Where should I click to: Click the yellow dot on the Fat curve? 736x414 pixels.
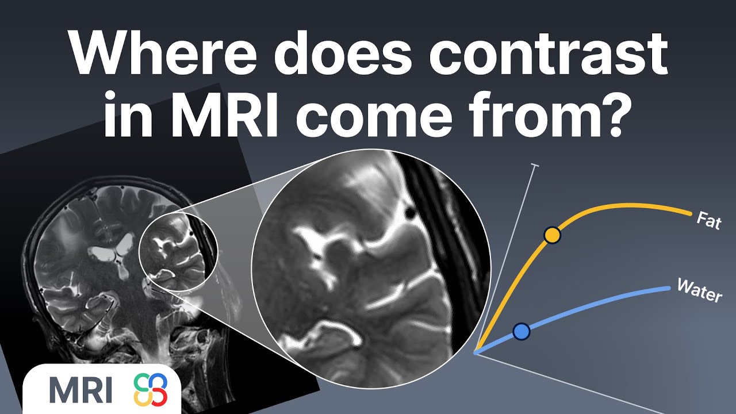[x=552, y=235]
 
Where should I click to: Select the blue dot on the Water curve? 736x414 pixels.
[x=522, y=331]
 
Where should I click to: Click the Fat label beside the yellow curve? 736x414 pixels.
[x=708, y=220]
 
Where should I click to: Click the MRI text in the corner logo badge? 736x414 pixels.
[x=80, y=390]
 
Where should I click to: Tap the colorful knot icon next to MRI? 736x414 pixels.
[x=150, y=390]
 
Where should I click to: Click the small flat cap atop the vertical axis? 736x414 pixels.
[x=535, y=166]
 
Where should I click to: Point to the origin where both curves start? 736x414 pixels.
[x=476, y=351]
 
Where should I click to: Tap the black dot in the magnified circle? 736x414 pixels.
[x=410, y=214]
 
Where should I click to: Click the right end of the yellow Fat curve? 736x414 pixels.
[x=689, y=213]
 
